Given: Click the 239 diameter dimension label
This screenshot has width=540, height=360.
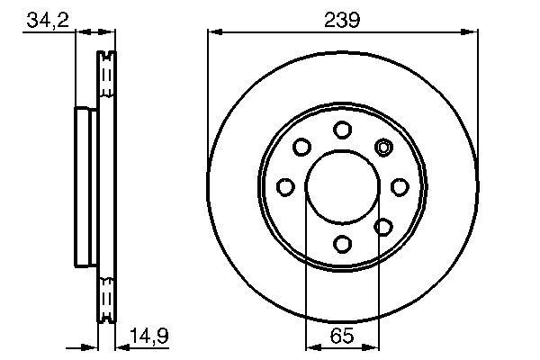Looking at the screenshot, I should (x=343, y=19).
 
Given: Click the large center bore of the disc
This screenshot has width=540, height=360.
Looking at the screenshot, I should (x=343, y=186).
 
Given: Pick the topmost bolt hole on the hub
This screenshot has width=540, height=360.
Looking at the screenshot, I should (x=343, y=130).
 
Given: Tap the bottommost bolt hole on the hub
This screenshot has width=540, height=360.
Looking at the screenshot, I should (x=343, y=243).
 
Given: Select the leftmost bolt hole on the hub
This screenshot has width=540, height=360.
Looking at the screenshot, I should (x=286, y=186).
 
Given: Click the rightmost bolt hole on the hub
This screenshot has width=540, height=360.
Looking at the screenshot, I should (x=400, y=186).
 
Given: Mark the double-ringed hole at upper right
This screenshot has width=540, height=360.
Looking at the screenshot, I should (x=384, y=147).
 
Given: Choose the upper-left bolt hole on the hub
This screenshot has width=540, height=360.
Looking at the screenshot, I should (x=302, y=147).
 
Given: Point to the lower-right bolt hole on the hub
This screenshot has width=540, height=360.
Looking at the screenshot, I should (x=383, y=226).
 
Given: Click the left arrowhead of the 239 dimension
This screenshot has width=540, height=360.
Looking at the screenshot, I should (x=213, y=32).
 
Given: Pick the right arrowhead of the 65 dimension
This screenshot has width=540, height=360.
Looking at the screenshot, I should (x=374, y=346).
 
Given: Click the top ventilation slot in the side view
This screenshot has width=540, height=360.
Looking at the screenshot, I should (x=106, y=72).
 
